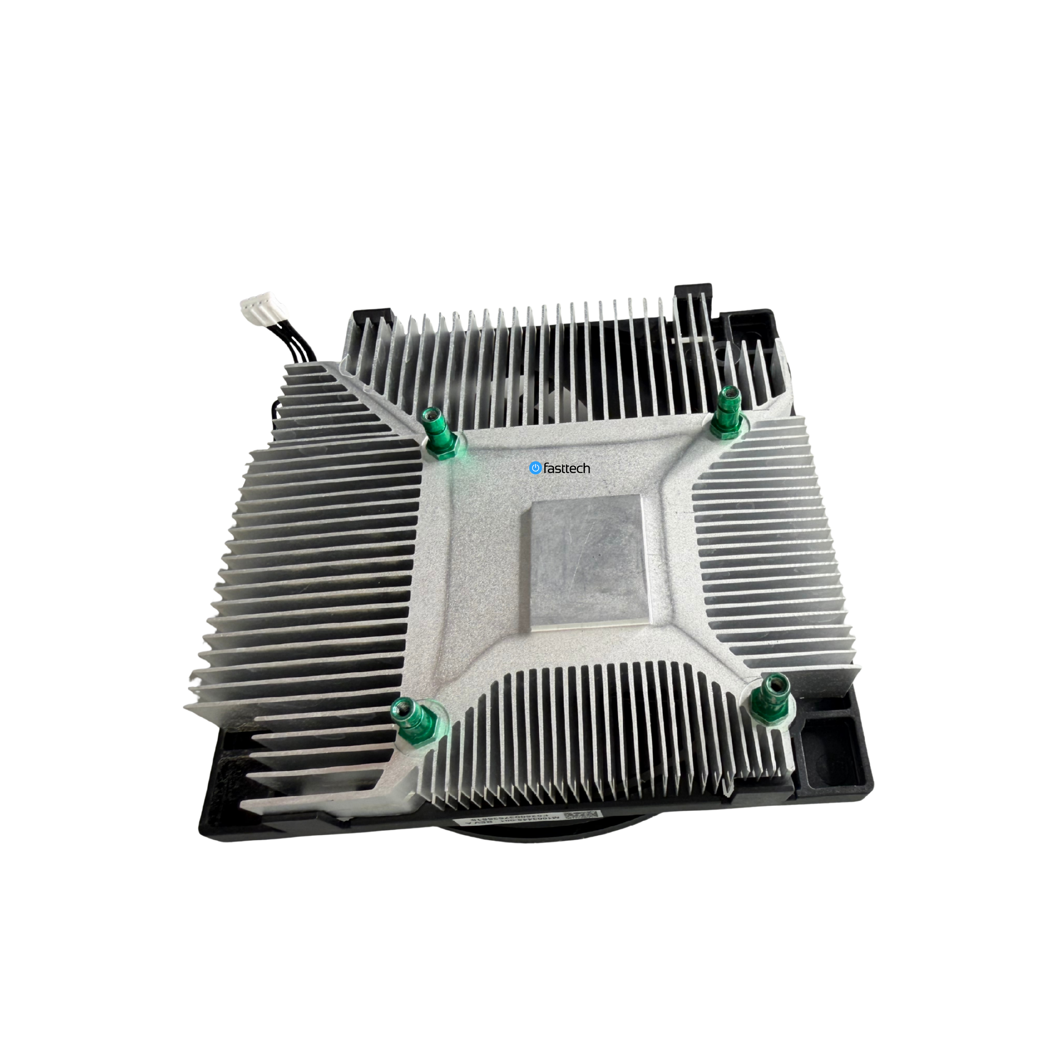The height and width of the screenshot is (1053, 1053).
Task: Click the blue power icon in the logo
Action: pyautogui.click(x=535, y=468)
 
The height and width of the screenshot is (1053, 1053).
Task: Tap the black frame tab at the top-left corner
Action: pyautogui.click(x=372, y=319)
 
